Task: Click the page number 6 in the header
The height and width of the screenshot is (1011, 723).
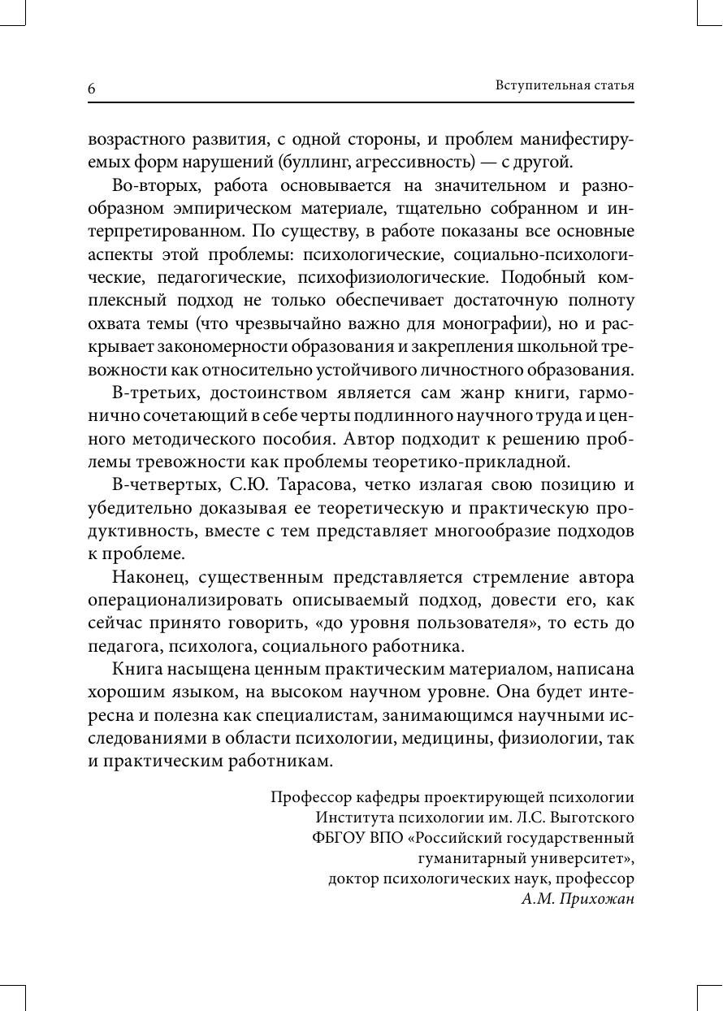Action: [92, 89]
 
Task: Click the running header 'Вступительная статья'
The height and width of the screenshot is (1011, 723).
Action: [564, 85]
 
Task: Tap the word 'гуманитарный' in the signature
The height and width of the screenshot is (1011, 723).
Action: [471, 858]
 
